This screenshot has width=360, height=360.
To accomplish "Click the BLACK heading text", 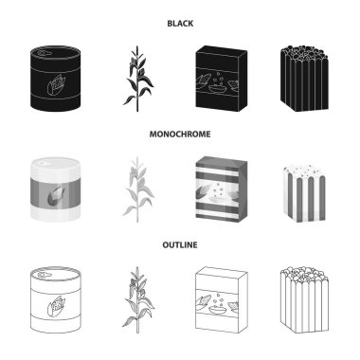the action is click(180, 24).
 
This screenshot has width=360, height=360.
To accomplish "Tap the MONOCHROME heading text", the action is click(180, 135).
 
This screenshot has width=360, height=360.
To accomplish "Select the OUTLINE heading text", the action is click(180, 245).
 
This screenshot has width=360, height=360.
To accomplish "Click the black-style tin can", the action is click(55, 79).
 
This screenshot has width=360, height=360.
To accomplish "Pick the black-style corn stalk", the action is click(137, 79).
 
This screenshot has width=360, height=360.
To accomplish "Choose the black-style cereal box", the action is click(222, 79).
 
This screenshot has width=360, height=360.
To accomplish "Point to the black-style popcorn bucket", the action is click(304, 79).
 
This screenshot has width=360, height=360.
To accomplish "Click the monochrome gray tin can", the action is click(55, 189).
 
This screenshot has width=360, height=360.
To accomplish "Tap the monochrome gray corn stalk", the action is click(137, 189).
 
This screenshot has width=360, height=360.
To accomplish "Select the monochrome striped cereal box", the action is click(222, 189).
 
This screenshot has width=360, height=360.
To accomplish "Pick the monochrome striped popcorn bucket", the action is click(304, 193).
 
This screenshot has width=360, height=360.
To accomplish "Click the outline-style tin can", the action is click(55, 300).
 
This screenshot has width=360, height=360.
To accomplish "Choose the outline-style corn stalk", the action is click(137, 300).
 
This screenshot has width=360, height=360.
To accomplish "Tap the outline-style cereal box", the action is click(222, 300).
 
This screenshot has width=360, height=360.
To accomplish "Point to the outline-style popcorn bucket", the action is click(304, 300).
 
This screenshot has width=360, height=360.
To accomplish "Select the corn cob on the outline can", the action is click(56, 305).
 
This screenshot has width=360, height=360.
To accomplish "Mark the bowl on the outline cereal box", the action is click(218, 309).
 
